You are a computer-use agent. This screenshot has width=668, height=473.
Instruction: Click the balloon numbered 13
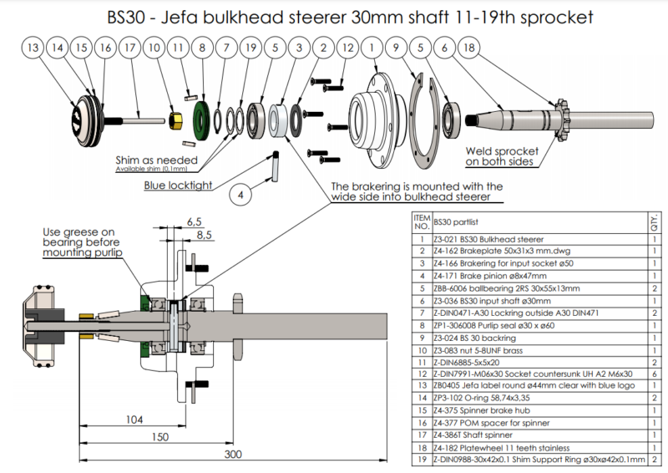click(33, 49)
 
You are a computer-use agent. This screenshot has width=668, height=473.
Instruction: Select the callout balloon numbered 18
click(469, 49)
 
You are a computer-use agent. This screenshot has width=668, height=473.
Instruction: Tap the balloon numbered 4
click(240, 196)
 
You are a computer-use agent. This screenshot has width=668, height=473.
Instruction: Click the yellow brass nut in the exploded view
click(177, 120)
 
